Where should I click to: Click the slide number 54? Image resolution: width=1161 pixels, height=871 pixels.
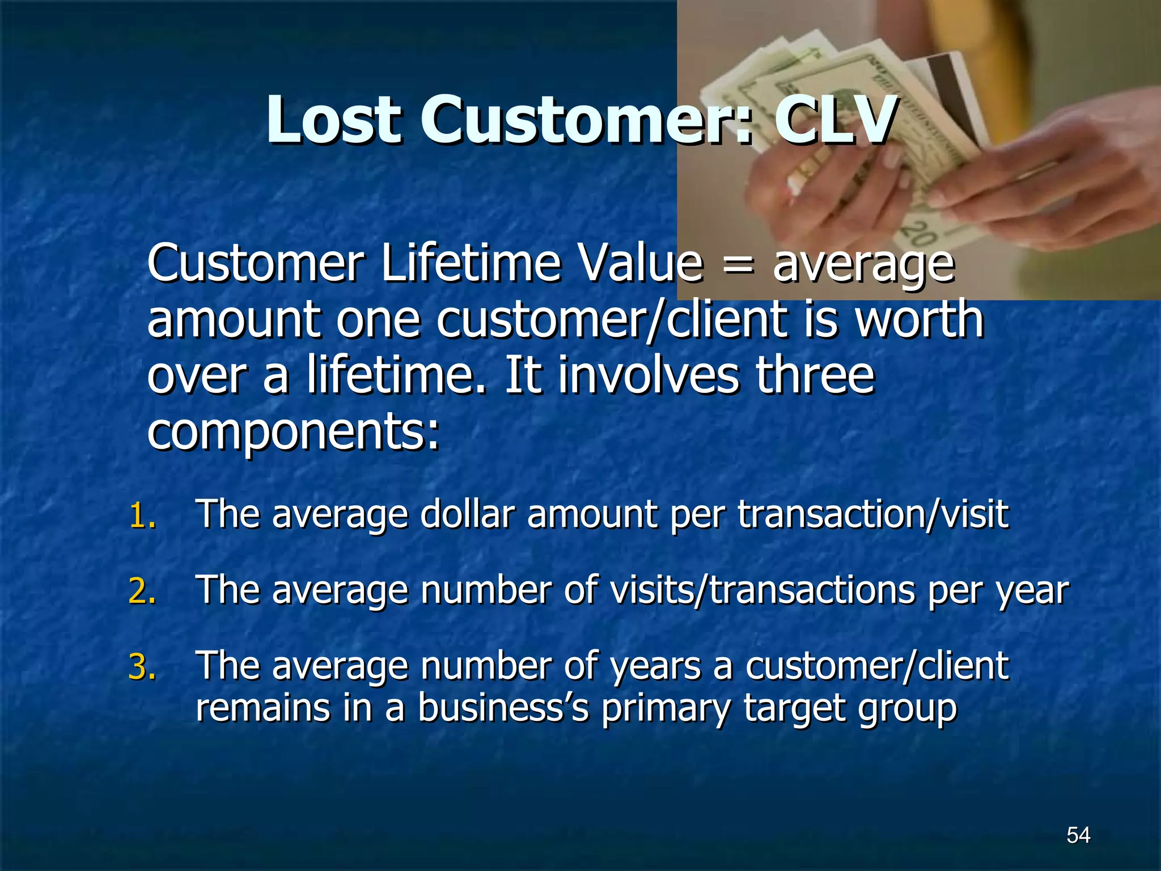pyautogui.click(x=1078, y=835)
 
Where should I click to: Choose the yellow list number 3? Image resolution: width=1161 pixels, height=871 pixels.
pyautogui.click(x=142, y=667)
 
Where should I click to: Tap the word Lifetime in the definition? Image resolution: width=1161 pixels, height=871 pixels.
pyautogui.click(x=470, y=264)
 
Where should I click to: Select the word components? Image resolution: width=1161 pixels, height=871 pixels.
pyautogui.click(x=292, y=432)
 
